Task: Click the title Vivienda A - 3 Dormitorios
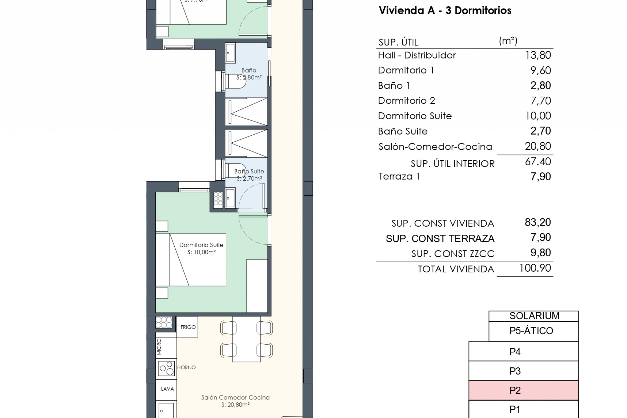tap(445, 10)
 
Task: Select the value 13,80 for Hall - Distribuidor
tap(538, 55)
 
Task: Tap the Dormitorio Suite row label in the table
tap(415, 116)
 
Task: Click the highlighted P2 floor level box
tap(523, 390)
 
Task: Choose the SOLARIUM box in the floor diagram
tap(534, 316)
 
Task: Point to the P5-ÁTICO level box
tap(534, 331)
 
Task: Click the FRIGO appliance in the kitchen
tap(187, 327)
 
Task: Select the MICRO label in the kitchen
tap(159, 347)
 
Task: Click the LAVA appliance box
tap(167, 389)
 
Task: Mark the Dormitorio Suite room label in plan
tap(201, 248)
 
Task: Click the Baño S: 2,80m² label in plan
tap(249, 74)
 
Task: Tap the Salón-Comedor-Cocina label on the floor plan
tap(235, 401)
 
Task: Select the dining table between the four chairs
tap(247, 339)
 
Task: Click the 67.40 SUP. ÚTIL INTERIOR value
tap(538, 162)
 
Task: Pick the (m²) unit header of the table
tap(508, 41)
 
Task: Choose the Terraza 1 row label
tap(399, 177)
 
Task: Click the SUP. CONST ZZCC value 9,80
tap(540, 253)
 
